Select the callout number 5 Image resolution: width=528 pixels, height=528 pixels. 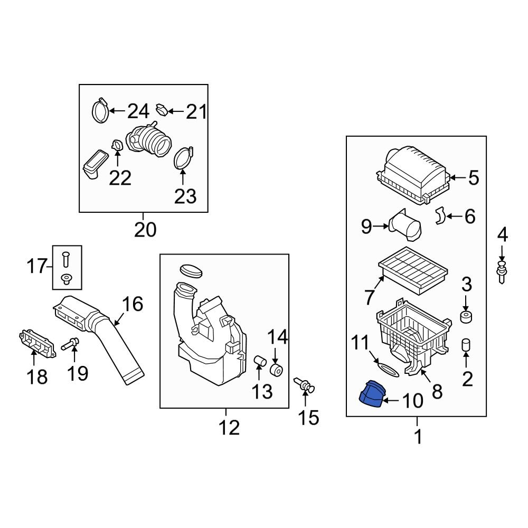point(473,178)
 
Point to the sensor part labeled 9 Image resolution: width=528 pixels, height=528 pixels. point(406,227)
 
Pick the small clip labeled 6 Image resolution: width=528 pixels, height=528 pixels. point(440,216)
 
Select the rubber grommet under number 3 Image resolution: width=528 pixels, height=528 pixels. point(466,317)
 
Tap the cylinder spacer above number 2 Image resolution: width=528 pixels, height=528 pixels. point(466,345)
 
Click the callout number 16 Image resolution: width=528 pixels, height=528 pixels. point(133,304)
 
